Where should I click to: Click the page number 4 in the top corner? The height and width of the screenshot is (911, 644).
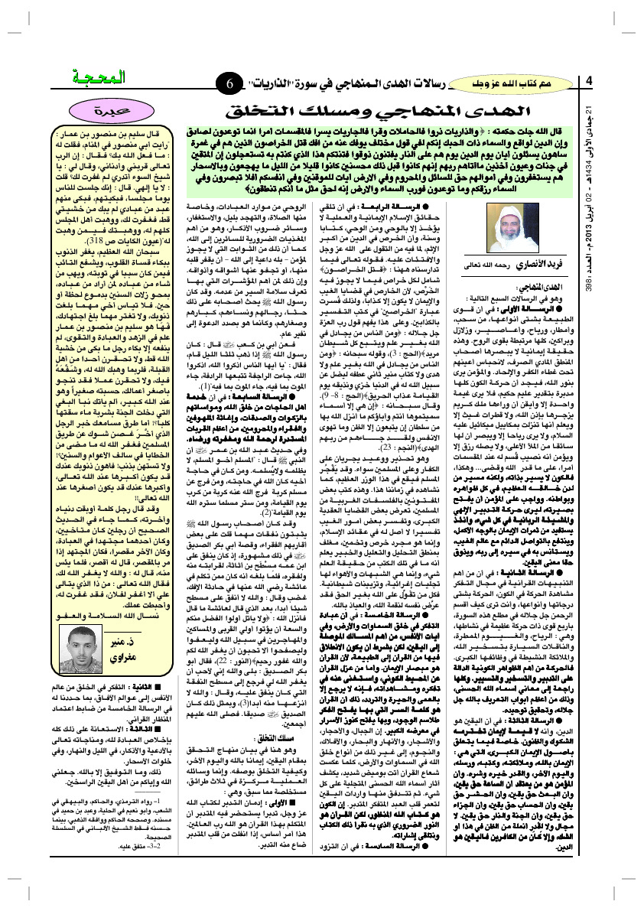point(590,82)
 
